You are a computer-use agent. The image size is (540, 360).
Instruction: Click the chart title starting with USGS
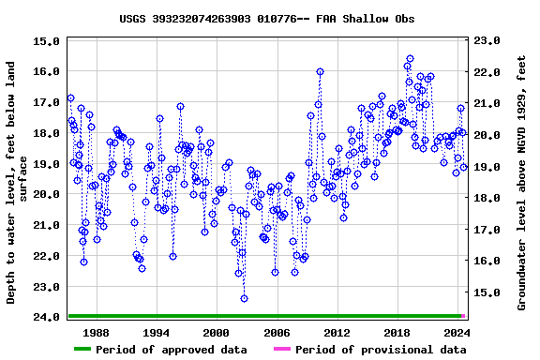[267, 18]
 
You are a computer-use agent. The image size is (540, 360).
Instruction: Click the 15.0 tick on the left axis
[46, 40]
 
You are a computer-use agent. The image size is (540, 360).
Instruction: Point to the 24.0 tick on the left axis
[46, 317]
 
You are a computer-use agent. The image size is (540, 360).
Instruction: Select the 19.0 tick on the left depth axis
[46, 163]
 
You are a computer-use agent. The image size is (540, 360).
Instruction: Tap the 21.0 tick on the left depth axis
[46, 225]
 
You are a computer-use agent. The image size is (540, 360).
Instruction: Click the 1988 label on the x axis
[96, 332]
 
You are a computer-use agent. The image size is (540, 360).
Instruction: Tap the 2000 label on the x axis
[216, 332]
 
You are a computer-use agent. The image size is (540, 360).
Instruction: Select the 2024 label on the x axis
[457, 332]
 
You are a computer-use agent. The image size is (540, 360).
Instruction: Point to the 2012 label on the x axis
[337, 332]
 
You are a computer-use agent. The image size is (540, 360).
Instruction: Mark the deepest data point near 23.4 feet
[244, 298]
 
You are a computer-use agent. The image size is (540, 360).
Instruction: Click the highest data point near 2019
[409, 58]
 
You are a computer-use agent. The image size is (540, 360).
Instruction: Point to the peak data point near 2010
[320, 71]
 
